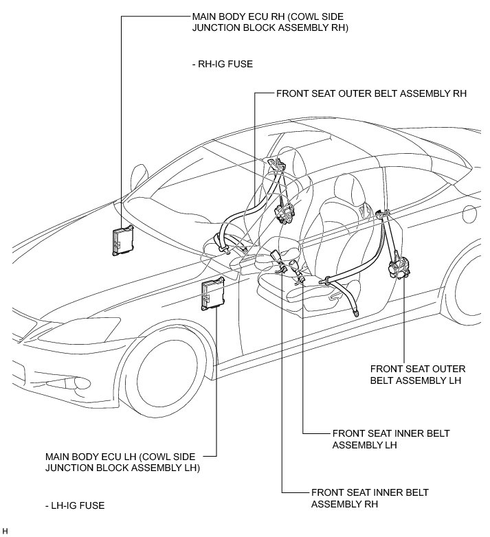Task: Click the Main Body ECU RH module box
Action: [x=123, y=240]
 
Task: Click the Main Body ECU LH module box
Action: [x=213, y=294]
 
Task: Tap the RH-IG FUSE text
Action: [x=223, y=64]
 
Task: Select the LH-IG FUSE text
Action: [x=75, y=505]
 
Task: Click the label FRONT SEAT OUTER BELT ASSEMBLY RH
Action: [x=371, y=93]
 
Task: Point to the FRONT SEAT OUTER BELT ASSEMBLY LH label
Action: [x=418, y=375]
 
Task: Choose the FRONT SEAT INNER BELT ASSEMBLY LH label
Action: [x=391, y=439]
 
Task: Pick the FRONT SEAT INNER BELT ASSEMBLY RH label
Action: [x=370, y=499]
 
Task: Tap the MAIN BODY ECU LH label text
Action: [x=122, y=462]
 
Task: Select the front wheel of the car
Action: [x=164, y=370]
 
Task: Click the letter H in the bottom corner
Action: [x=5, y=531]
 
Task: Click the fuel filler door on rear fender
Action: [x=470, y=214]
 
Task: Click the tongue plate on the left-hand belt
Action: [x=324, y=282]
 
